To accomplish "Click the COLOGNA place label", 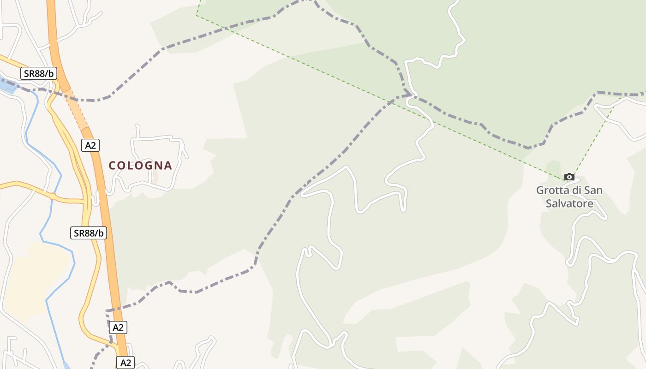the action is click(140, 165).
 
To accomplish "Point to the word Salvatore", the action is click(569, 203).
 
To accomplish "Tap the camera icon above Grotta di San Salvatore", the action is click(569, 177).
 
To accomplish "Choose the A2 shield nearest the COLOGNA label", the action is click(90, 145).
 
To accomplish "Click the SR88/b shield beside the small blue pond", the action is click(39, 73).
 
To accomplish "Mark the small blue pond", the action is click(7, 87).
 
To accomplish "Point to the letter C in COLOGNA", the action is click(112, 165).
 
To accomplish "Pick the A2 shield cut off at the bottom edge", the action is click(125, 363).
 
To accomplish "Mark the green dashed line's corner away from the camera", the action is click(197, 15).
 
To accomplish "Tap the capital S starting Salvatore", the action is click(549, 203).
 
